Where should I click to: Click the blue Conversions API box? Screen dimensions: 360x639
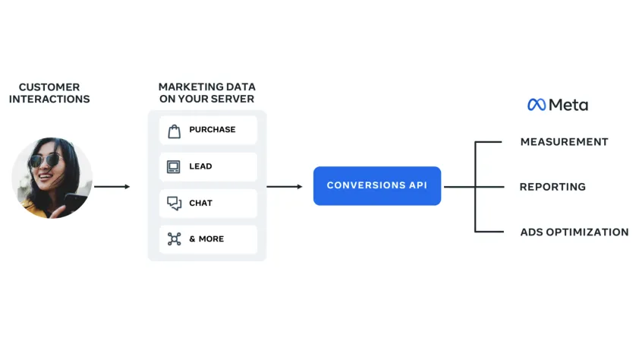pyautogui.click(x=376, y=186)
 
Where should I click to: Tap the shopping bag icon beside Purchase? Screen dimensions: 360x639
pyautogui.click(x=175, y=130)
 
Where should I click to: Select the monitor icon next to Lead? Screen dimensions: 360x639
pyautogui.click(x=175, y=166)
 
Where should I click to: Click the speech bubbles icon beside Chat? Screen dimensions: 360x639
pyautogui.click(x=175, y=203)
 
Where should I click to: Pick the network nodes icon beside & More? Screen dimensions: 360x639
pyautogui.click(x=175, y=239)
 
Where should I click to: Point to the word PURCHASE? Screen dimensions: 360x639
pyautogui.click(x=212, y=130)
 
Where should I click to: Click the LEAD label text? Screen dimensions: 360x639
pyautogui.click(x=200, y=166)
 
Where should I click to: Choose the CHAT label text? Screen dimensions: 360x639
pyautogui.click(x=200, y=203)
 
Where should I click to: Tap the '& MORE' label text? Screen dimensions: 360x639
pyautogui.click(x=206, y=239)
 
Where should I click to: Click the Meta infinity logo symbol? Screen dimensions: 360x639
pyautogui.click(x=537, y=105)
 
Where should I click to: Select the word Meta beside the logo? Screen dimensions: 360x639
pyautogui.click(x=568, y=105)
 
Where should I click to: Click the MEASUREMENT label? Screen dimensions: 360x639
pyautogui.click(x=564, y=142)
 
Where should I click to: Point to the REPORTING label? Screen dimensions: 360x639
pyautogui.click(x=552, y=187)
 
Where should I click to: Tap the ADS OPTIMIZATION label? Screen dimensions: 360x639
pyautogui.click(x=574, y=232)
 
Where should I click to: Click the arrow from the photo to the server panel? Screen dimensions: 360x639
pyautogui.click(x=112, y=186)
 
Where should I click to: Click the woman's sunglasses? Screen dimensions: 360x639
pyautogui.click(x=46, y=160)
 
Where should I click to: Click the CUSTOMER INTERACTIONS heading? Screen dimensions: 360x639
pyautogui.click(x=49, y=93)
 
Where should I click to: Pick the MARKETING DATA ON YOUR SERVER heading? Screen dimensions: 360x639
pyautogui.click(x=206, y=93)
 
